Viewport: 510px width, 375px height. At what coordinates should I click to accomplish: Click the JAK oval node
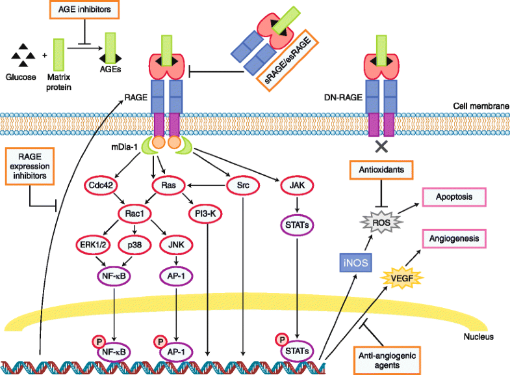pos(298,186)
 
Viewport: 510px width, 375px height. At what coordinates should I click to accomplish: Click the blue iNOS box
pos(355,261)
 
